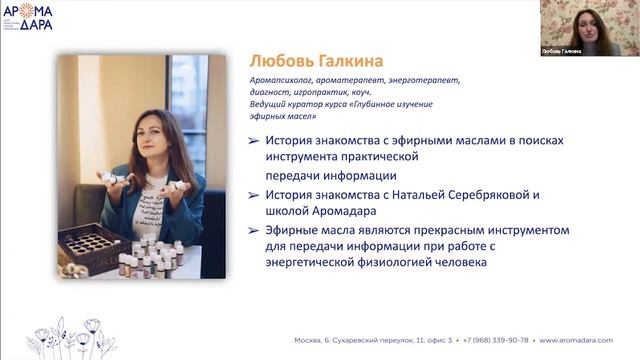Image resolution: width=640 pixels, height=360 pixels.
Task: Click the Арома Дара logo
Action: pyautogui.click(x=28, y=15)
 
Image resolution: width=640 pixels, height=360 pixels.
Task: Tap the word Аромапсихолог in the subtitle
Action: pyautogui.click(x=282, y=80)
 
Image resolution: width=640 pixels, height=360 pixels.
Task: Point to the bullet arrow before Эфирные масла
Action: pyautogui.click(x=254, y=230)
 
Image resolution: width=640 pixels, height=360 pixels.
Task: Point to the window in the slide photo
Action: pyautogui.click(x=188, y=110)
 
